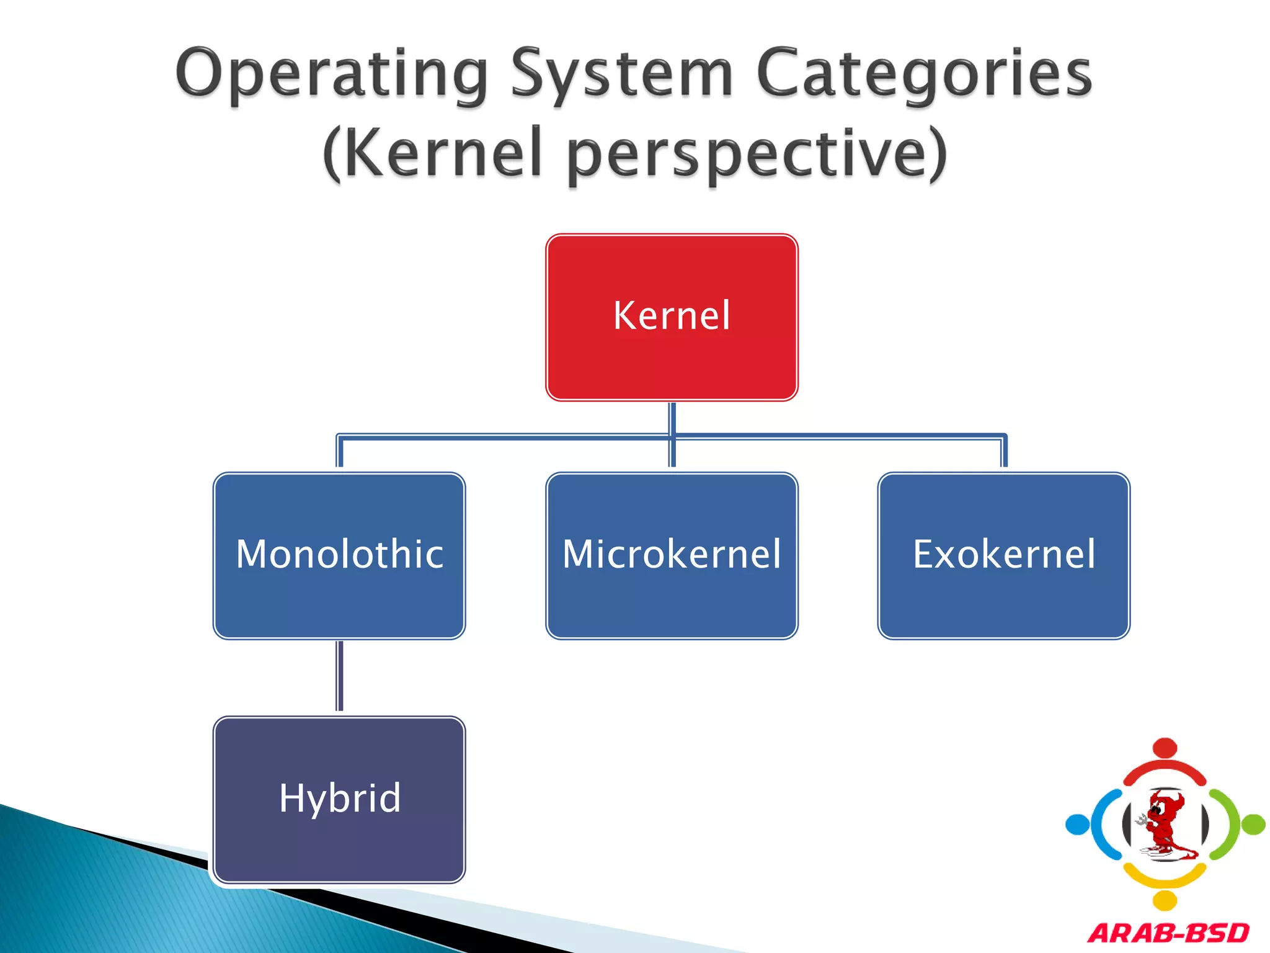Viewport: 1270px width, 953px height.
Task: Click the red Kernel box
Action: pos(672,317)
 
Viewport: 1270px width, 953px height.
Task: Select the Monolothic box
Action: pos(339,555)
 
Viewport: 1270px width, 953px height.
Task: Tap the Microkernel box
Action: pos(672,555)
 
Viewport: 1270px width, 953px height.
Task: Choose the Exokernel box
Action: pos(1004,555)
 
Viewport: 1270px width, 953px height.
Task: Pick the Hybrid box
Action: pos(339,799)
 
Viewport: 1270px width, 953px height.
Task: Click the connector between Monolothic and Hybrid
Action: pos(339,676)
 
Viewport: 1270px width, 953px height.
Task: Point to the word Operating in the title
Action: pos(332,74)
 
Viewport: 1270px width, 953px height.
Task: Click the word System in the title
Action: pos(622,74)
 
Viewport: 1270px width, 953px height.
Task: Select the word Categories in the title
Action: pos(924,74)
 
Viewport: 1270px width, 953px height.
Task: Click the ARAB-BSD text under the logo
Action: pos(1168,933)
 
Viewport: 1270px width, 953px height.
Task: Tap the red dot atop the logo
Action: pos(1165,748)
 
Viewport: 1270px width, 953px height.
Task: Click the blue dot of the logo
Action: pos(1077,825)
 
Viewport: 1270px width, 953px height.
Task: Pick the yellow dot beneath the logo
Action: pos(1165,900)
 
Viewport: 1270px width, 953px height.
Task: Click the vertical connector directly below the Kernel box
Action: pos(672,418)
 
